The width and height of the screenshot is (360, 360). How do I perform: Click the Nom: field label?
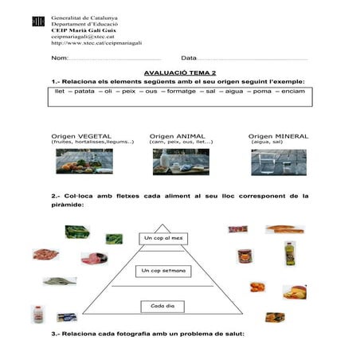[x=59, y=59]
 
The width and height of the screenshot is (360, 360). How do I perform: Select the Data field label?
[x=189, y=59]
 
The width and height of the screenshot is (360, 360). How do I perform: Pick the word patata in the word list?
[x=84, y=92]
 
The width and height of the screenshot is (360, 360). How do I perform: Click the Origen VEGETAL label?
[x=81, y=135]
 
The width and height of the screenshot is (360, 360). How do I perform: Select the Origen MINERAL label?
[x=278, y=135]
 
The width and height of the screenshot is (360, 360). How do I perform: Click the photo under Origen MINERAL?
[x=279, y=162]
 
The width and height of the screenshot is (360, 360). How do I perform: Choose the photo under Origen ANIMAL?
[x=181, y=162]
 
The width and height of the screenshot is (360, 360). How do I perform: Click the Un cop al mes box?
[x=162, y=238]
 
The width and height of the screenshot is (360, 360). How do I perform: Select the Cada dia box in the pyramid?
[x=162, y=306]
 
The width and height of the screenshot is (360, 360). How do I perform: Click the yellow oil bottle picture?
[x=290, y=255]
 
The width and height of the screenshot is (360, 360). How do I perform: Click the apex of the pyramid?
[x=162, y=225]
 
